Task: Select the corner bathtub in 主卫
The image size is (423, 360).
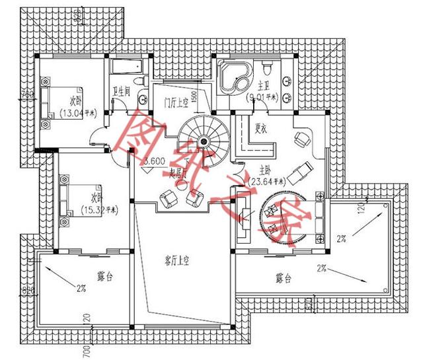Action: (x=234, y=76)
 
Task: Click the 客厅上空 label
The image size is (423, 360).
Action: (x=177, y=261)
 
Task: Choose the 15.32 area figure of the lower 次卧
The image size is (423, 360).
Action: (x=98, y=210)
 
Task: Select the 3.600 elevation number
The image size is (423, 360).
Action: (x=154, y=161)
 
